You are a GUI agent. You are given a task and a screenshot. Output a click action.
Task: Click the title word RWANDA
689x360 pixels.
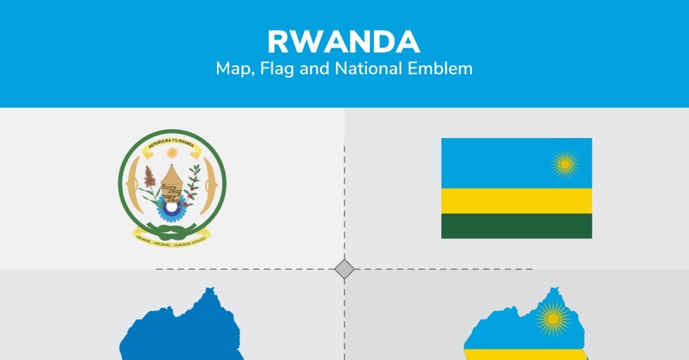(344, 41)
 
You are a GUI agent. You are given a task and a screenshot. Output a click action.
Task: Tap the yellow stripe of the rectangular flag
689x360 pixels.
(516, 201)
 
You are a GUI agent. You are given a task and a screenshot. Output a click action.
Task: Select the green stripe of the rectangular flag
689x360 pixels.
(516, 226)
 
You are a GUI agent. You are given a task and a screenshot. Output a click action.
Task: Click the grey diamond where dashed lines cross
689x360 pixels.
(344, 269)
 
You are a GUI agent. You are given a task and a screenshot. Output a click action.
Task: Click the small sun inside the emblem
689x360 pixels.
(171, 153)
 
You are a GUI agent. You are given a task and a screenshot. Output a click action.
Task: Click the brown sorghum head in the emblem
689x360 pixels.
(150, 176)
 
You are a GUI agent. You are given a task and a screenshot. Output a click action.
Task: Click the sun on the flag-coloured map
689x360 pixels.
(552, 319)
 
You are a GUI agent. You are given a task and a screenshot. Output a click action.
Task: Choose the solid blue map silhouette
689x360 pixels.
(178, 333)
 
